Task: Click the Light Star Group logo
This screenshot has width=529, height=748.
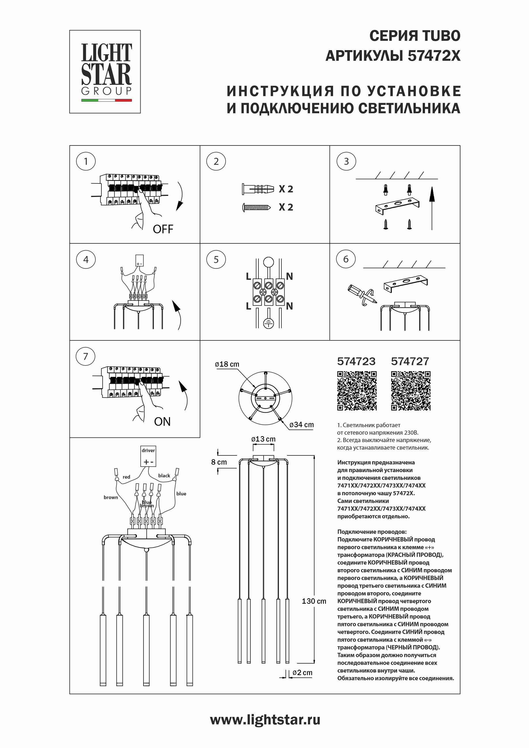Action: [105, 72]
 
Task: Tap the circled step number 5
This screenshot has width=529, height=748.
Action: [216, 259]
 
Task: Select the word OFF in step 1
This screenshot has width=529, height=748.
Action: [163, 229]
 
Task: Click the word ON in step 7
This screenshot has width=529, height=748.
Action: [162, 422]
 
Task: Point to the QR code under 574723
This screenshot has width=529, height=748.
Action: [357, 391]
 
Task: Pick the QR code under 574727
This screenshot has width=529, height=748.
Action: [411, 391]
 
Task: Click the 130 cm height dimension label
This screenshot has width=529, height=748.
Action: [314, 601]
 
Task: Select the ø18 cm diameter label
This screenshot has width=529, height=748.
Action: [227, 364]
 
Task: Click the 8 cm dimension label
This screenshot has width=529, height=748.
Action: [219, 462]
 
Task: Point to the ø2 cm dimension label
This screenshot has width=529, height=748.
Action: [303, 673]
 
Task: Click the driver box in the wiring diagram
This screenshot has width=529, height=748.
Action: [148, 456]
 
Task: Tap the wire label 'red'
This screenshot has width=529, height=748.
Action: [126, 477]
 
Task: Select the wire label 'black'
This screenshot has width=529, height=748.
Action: [164, 476]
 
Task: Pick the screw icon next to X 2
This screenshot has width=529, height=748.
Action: [256, 207]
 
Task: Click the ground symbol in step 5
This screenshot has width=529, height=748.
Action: [268, 323]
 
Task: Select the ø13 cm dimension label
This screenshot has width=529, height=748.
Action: [263, 439]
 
